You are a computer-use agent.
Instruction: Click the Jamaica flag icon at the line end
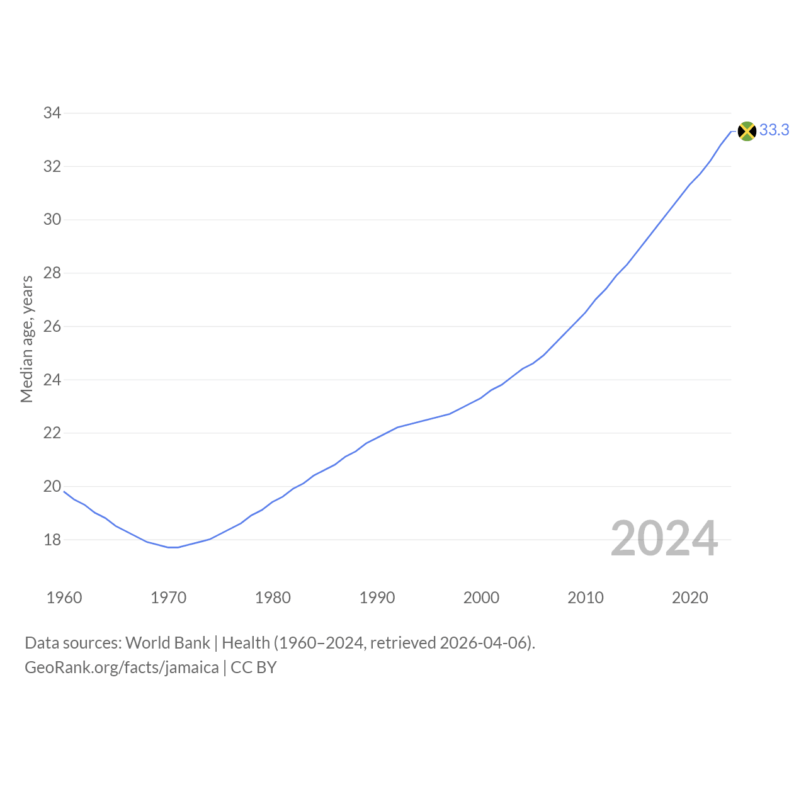[747, 132]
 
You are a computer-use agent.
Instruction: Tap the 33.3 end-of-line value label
[775, 130]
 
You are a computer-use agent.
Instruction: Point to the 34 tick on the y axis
[52, 113]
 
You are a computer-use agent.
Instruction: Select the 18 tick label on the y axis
[52, 540]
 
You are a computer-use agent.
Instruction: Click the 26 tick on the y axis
[52, 326]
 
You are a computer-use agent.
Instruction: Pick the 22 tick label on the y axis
[52, 433]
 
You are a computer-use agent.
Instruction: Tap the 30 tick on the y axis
[52, 220]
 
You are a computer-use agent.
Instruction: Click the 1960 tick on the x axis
[64, 598]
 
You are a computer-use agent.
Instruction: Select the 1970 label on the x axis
[169, 598]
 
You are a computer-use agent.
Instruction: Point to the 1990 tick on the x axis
[377, 598]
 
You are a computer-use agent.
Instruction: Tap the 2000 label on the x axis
[482, 598]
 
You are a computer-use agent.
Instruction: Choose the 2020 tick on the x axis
[690, 598]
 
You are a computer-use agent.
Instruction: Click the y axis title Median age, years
[27, 339]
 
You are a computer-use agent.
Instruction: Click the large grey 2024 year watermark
[664, 538]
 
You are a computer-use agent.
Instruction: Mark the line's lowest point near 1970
[173, 547]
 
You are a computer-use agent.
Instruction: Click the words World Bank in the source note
[167, 643]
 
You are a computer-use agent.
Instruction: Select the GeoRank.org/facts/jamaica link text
[122, 667]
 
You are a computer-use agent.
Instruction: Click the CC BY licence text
[254, 667]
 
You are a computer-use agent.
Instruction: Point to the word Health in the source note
[246, 643]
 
